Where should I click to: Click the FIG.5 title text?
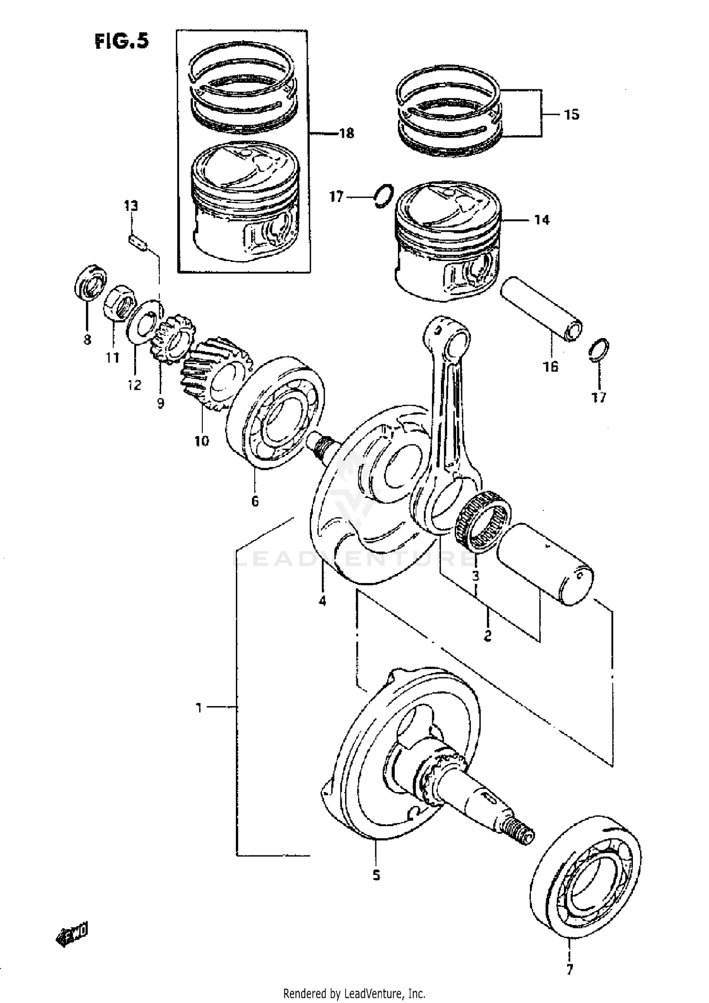121,42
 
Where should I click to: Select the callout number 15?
571,114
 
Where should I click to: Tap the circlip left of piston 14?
382,195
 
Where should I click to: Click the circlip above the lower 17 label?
599,350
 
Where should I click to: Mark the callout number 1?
199,708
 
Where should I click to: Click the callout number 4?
322,602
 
